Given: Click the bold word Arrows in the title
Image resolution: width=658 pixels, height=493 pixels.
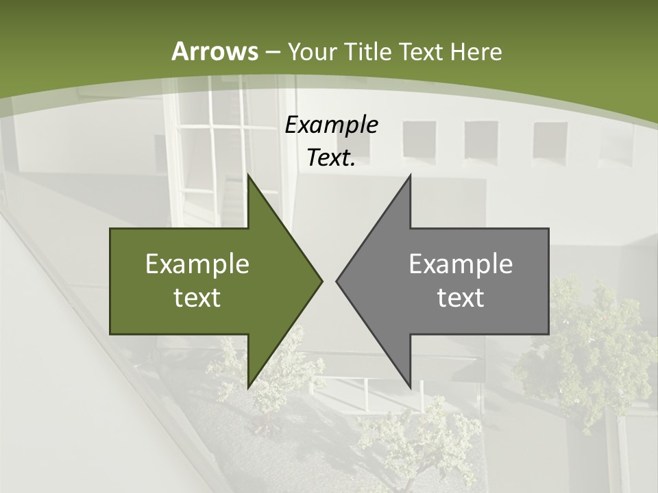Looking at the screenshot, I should pos(215,51).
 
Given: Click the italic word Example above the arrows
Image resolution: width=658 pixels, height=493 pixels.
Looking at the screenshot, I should pos(331,125).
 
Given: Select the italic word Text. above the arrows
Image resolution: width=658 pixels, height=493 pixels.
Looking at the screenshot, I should pos(331,157).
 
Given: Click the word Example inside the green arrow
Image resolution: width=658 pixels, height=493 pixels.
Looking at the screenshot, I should pos(197,264).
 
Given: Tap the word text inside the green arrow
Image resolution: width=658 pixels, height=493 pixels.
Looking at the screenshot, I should pos(197,297).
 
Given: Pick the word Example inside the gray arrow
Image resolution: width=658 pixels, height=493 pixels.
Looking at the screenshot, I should pos(461,264).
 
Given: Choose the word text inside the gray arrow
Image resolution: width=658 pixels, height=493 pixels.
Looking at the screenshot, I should pos(461,297).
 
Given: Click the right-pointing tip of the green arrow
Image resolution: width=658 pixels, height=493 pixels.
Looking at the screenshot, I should pos(321,281).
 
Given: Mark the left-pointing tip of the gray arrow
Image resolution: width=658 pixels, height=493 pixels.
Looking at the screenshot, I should pos(337,281).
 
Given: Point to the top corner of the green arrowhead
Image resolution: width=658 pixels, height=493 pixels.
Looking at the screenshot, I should pos(248,175).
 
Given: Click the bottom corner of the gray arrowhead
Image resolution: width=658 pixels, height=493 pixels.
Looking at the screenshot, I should pos(410,387).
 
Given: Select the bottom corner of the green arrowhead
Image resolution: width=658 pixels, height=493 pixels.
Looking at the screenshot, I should pos(248,387).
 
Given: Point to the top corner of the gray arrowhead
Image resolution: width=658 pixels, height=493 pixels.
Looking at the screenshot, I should pos(410,175).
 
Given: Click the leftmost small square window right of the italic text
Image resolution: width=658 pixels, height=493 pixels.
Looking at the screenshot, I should pos(419,139).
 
